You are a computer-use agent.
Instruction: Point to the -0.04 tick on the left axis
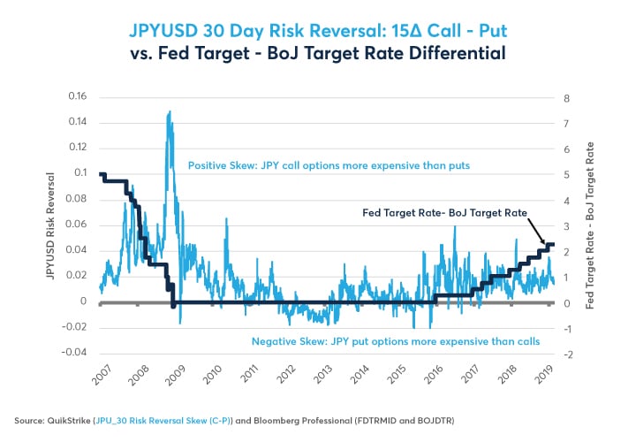click(x=75, y=353)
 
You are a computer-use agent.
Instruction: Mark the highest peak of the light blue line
click(x=169, y=111)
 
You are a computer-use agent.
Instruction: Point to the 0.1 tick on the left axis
click(x=81, y=172)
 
